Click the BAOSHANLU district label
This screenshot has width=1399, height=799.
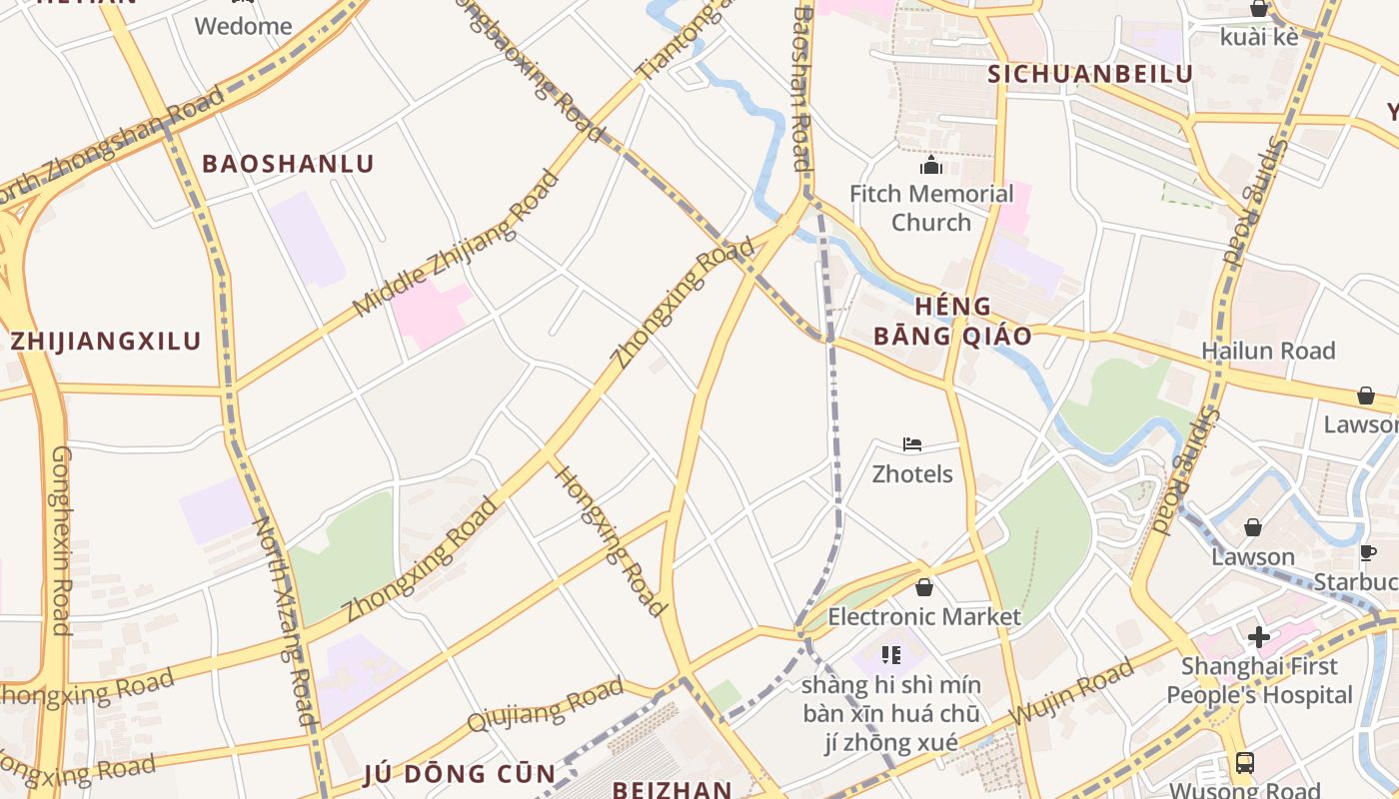[x=289, y=164]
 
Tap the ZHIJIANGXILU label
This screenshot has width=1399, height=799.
[x=106, y=341]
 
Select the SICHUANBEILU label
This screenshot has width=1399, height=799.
[x=1090, y=74]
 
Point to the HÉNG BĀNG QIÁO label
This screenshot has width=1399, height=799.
[x=952, y=321]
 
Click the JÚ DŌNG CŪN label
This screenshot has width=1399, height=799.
[x=459, y=774]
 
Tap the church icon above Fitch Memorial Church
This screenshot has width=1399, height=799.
[x=931, y=165]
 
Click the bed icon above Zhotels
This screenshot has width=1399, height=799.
[x=911, y=444]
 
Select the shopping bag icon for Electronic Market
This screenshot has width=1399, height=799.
[x=924, y=587]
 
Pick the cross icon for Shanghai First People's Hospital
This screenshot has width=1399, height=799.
[x=1258, y=636]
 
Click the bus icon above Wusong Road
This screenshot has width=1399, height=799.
[x=1245, y=763]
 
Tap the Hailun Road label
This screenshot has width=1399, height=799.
[x=1268, y=351]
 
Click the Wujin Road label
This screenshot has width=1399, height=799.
[x=1071, y=691]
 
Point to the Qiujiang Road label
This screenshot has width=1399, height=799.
[x=545, y=705]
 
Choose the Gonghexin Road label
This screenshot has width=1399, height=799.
[x=62, y=540]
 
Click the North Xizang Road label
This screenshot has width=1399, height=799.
[x=284, y=619]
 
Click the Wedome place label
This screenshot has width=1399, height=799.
[x=243, y=26]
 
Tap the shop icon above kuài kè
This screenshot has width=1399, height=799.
[x=1259, y=9]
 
